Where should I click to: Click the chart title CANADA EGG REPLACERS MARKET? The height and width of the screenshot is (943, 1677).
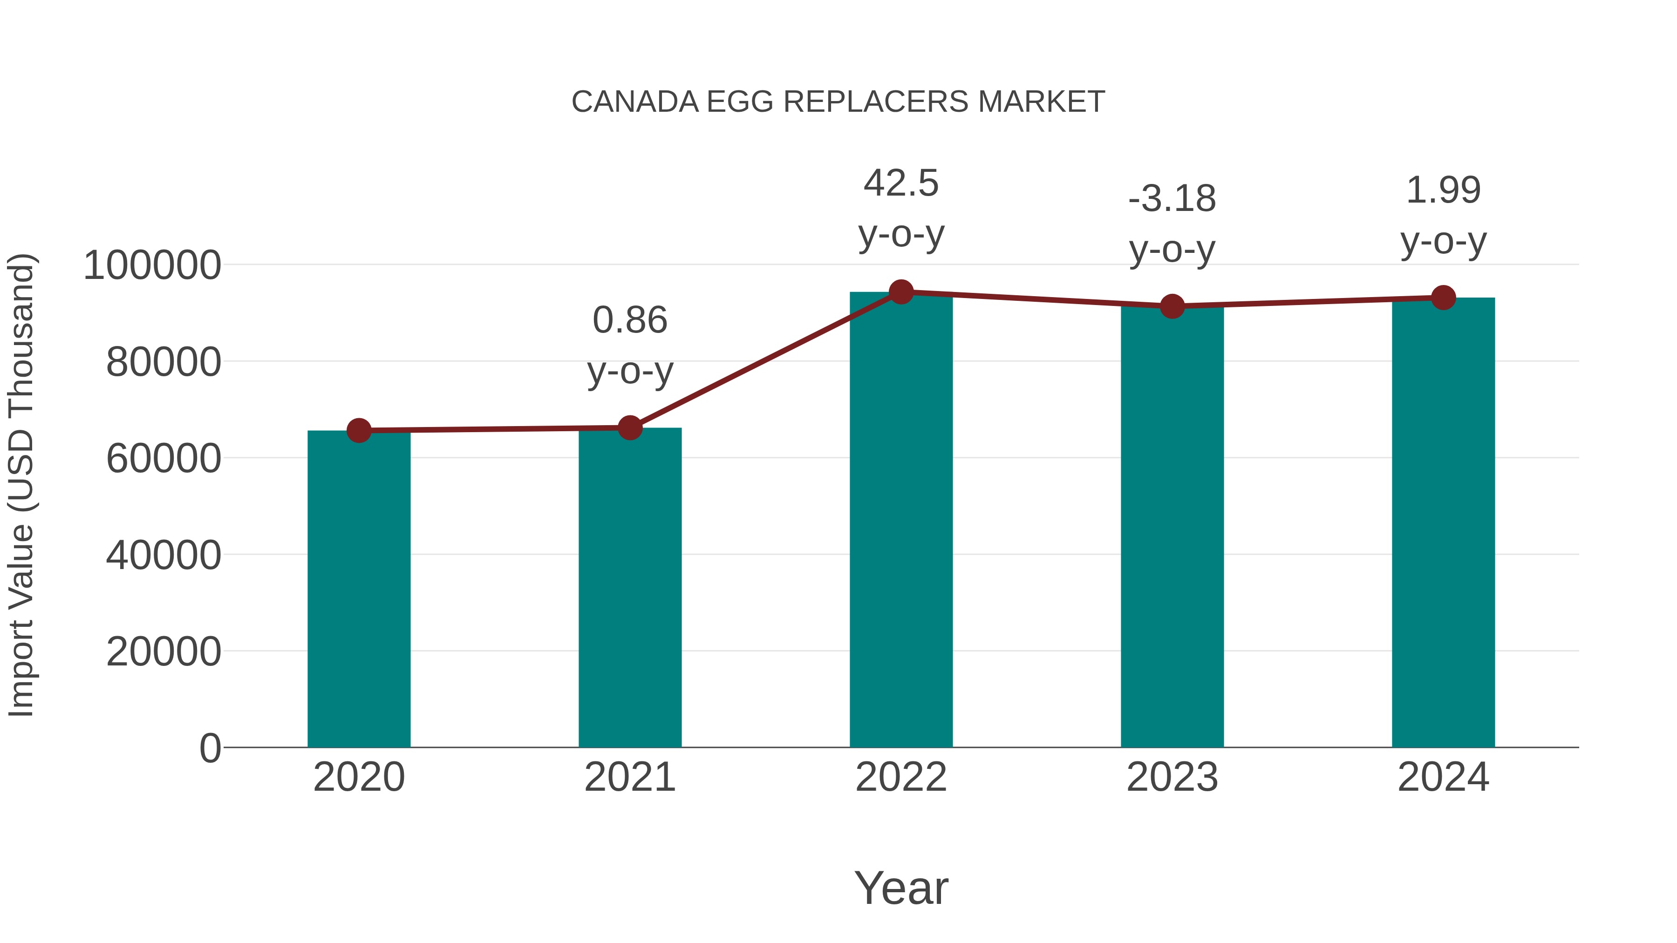pos(838,102)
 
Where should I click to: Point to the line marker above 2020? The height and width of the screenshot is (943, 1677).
pos(359,430)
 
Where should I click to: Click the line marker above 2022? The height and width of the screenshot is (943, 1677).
pos(901,292)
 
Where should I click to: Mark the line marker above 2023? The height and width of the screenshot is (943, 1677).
pos(1172,306)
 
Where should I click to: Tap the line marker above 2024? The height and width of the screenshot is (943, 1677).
pos(1443,298)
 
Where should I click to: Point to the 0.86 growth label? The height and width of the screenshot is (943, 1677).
pos(629,346)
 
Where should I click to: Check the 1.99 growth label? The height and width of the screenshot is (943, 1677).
pos(1443,216)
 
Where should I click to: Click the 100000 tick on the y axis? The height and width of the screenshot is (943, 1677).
pos(152,265)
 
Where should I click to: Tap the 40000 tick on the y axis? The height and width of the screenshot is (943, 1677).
pos(164,556)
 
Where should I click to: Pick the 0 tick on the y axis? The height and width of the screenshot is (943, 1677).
pos(210,748)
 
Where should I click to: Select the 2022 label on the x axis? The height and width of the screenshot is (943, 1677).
pos(901,777)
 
